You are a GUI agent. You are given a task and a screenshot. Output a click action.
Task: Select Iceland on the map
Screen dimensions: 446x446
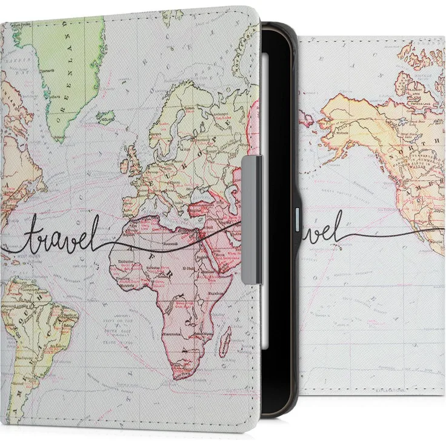click(105, 116)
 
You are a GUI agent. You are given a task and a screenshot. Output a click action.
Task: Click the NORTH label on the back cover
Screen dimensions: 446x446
click(421, 145)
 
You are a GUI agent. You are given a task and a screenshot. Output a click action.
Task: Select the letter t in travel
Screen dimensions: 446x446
click(28, 236)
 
